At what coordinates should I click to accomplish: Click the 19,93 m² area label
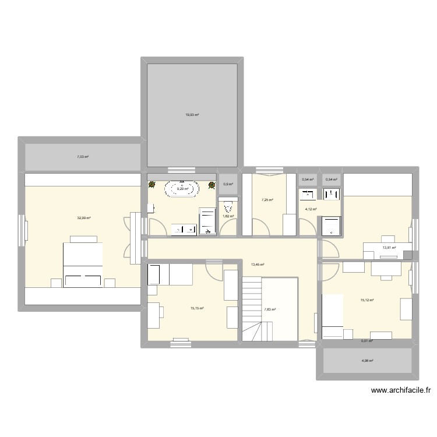coord(192,115)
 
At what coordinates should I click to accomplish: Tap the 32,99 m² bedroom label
coord(84,218)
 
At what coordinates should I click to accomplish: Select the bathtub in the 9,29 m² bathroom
coord(182,189)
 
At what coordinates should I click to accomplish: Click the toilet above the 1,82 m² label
coord(228,205)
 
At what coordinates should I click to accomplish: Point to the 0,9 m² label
coord(228,185)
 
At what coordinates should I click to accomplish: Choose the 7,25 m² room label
coord(267,200)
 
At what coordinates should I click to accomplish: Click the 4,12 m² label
coord(311,209)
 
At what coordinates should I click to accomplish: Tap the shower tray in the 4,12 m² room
coord(330,226)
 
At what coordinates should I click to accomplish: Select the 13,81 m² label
coord(389,248)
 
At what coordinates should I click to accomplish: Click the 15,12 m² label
coord(367,300)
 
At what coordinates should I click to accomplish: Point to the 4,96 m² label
coord(367,361)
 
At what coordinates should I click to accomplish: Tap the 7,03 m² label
coord(83,156)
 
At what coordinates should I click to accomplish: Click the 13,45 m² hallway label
coord(257,265)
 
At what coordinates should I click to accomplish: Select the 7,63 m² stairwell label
coord(270,310)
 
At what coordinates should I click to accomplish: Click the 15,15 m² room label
coord(197,309)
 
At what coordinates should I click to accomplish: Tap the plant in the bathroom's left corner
coord(153,185)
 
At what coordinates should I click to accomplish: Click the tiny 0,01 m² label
coord(366,341)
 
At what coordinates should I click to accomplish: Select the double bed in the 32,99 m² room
coord(83,264)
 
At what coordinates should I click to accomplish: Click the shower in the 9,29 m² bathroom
coord(208,222)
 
